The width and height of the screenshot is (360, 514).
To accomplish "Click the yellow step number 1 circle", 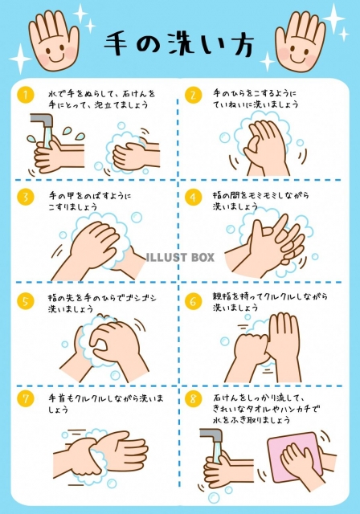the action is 26,95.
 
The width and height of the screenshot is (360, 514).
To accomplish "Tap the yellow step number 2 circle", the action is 193,95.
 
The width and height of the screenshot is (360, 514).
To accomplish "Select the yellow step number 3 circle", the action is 26,197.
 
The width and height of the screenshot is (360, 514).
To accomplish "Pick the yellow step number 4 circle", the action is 193,197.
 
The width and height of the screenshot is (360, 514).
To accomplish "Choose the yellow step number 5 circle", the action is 26,301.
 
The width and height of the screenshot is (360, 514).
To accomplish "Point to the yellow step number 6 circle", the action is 193,301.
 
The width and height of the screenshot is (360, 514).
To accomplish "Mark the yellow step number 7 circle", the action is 26,398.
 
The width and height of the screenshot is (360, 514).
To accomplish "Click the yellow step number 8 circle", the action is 193,398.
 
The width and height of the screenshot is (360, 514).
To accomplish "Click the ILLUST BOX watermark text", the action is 180,257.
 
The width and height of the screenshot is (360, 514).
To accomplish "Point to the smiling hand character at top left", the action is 54,41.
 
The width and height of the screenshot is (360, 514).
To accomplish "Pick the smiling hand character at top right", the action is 301,41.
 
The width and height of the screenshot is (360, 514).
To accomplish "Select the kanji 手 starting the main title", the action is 117,44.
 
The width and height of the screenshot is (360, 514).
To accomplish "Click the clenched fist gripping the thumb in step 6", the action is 252,348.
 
